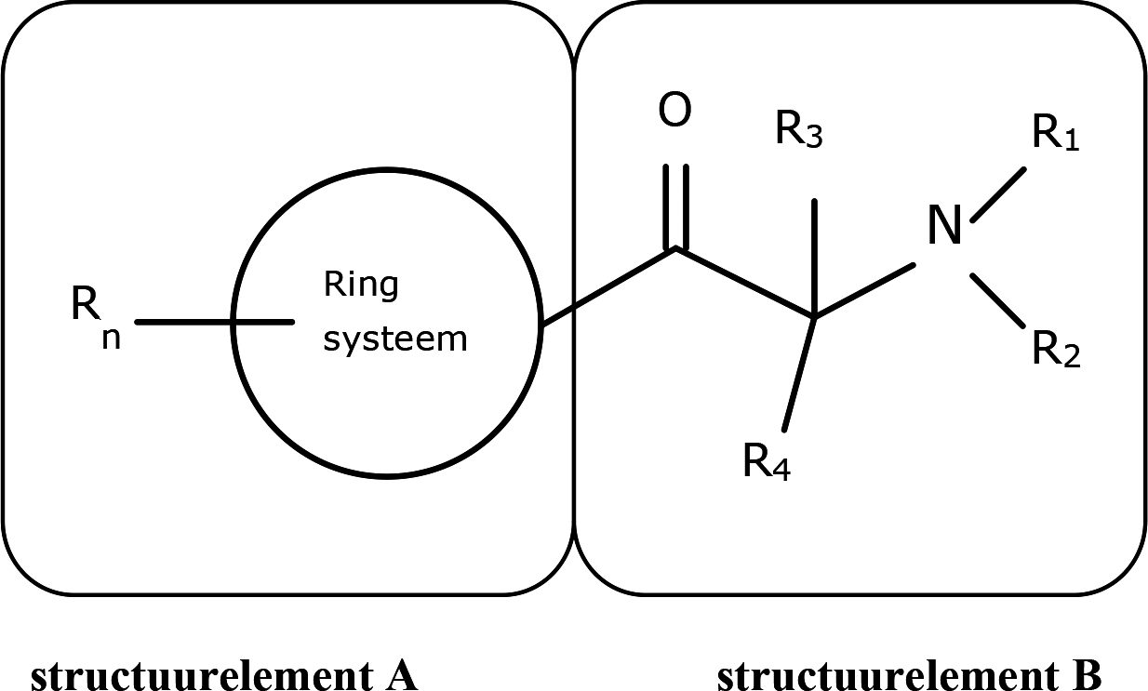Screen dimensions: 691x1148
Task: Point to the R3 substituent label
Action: coord(799,133)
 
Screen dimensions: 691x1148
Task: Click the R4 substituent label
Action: coord(767,460)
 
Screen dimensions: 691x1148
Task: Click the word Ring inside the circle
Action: coord(361,285)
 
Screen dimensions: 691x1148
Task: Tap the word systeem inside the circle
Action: coord(394,339)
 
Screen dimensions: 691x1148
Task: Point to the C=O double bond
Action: coord(676,206)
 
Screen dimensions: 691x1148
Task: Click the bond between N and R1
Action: coord(998,194)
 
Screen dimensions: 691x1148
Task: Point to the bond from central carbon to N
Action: coord(865,291)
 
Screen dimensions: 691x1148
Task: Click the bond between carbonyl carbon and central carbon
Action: coord(744,284)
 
